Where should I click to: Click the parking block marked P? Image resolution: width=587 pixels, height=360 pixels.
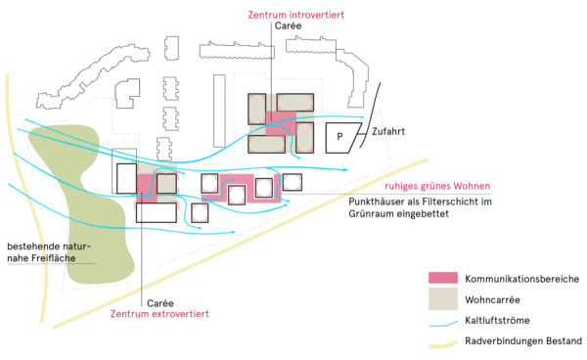[340, 138]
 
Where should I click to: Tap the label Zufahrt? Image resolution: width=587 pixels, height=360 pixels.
[387, 131]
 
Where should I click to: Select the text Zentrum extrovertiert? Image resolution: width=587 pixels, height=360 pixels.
[159, 314]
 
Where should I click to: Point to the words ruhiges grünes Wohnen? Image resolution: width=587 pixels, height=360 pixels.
[436, 186]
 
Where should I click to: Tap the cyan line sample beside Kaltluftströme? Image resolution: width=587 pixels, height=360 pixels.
[445, 321]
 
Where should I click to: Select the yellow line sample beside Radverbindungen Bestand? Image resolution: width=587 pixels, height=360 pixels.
[445, 342]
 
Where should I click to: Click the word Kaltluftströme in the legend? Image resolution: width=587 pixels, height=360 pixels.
[498, 321]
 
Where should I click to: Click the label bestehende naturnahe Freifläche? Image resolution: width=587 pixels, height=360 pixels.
[48, 251]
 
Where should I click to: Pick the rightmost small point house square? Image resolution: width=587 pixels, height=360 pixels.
[293, 183]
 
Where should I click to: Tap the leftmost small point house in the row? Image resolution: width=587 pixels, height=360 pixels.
[201, 212]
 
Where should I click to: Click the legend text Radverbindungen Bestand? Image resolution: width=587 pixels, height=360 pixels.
[522, 341]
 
